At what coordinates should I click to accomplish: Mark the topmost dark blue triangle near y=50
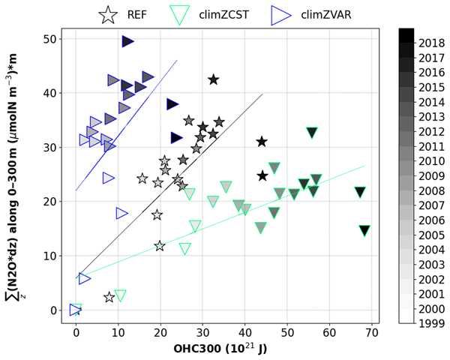click(127, 41)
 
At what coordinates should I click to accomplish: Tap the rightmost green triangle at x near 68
click(364, 231)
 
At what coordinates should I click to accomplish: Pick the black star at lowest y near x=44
click(262, 175)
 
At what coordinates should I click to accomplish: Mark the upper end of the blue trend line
click(176, 60)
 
